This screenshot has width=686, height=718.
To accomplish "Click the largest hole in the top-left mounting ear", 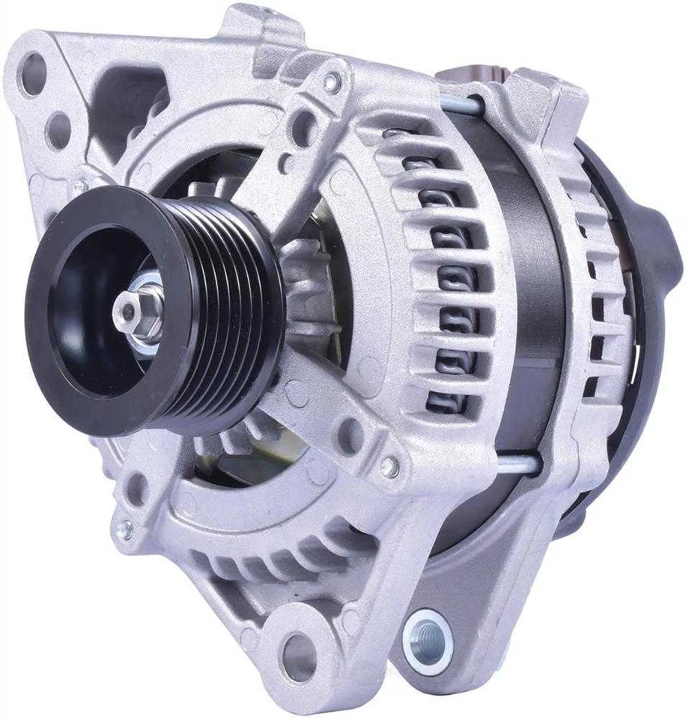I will click(x=34, y=74).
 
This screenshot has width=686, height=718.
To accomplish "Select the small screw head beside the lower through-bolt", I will click(x=389, y=467).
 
